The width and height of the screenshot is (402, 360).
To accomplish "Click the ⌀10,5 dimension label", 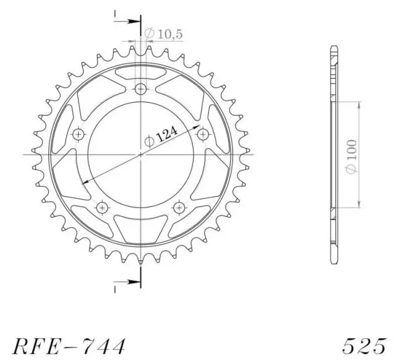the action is (163, 34).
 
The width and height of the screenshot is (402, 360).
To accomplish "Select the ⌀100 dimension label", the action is (352, 156).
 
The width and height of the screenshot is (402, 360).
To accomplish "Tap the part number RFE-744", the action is (69, 346).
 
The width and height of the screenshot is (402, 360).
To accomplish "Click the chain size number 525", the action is (364, 346).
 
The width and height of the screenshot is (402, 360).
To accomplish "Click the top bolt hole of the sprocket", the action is (140, 89).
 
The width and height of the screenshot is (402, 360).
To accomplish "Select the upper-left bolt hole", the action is (79, 134).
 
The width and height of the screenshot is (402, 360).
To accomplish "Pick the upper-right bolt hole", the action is (203, 134).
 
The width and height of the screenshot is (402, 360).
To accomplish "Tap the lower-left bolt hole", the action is (102, 207).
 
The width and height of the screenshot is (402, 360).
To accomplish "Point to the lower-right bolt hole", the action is (179, 207).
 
